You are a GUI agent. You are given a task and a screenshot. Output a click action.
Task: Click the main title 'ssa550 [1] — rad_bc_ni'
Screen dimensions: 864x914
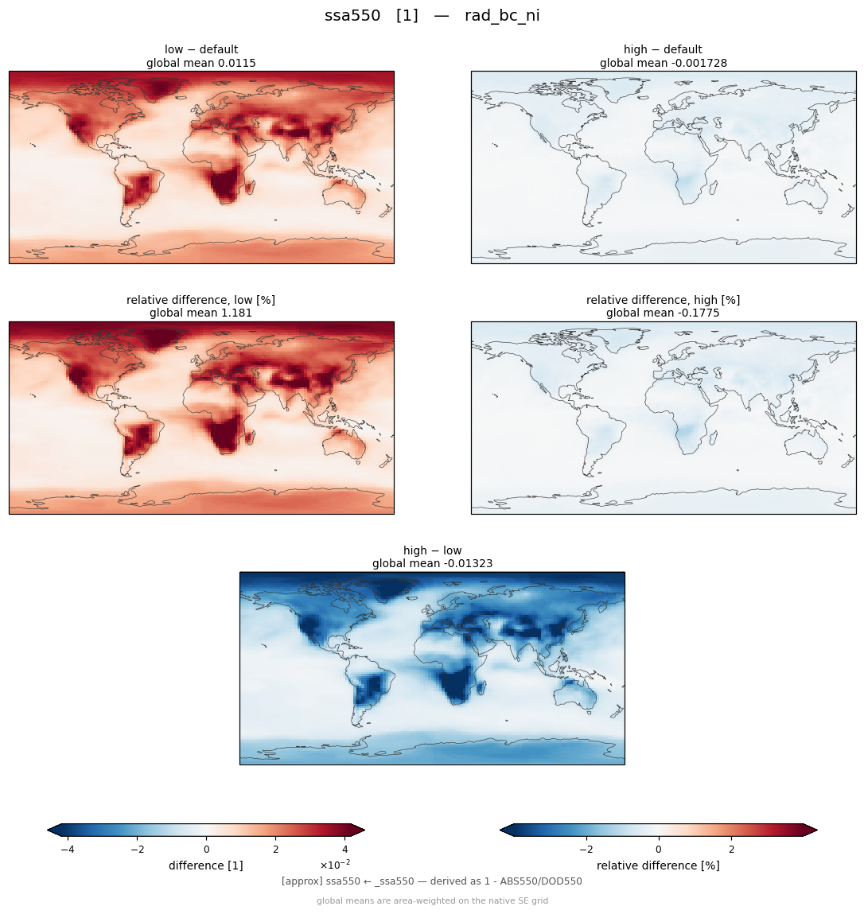pyautogui.click(x=432, y=16)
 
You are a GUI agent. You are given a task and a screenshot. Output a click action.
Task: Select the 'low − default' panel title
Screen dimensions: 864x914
pyautogui.click(x=201, y=49)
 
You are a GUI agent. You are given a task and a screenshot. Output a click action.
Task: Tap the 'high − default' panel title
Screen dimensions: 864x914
pyautogui.click(x=663, y=49)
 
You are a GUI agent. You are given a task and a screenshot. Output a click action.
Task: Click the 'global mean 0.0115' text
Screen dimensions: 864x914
pyautogui.click(x=201, y=63)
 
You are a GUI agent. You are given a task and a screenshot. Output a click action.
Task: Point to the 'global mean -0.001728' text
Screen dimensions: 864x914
pyautogui.click(x=664, y=63)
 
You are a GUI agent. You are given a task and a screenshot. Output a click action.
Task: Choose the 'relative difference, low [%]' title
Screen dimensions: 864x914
pyautogui.click(x=200, y=300)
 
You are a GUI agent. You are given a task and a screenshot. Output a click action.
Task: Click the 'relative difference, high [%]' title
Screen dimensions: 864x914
pyautogui.click(x=663, y=300)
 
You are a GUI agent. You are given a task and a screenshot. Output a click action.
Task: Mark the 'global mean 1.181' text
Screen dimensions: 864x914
pyautogui.click(x=200, y=313)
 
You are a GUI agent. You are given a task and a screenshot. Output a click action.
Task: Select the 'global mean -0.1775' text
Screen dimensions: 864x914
pyautogui.click(x=663, y=313)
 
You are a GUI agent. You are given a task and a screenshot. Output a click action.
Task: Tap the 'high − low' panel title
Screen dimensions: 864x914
pyautogui.click(x=432, y=550)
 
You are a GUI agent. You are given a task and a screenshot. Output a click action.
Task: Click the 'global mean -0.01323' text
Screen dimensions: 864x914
pyautogui.click(x=432, y=564)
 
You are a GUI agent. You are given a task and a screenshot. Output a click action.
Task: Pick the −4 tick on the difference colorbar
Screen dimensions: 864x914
pyautogui.click(x=68, y=850)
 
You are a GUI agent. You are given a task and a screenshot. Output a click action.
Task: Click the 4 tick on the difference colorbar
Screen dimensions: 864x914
pyautogui.click(x=345, y=850)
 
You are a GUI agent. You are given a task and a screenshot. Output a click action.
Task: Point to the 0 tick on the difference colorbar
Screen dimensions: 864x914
pyautogui.click(x=206, y=850)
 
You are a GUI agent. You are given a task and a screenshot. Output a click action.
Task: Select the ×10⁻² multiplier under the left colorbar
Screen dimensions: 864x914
pyautogui.click(x=335, y=864)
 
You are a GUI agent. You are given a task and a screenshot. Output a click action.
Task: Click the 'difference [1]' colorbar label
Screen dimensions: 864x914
pyautogui.click(x=206, y=865)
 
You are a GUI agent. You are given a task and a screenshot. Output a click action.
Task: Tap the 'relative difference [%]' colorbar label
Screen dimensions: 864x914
pyautogui.click(x=658, y=865)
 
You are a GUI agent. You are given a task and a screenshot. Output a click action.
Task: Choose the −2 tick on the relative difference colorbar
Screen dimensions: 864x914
pyautogui.click(x=586, y=850)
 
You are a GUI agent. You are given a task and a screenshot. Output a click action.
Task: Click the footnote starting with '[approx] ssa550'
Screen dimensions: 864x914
pyautogui.click(x=431, y=881)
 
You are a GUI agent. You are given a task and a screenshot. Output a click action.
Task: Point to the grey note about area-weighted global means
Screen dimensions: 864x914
pyautogui.click(x=432, y=900)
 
